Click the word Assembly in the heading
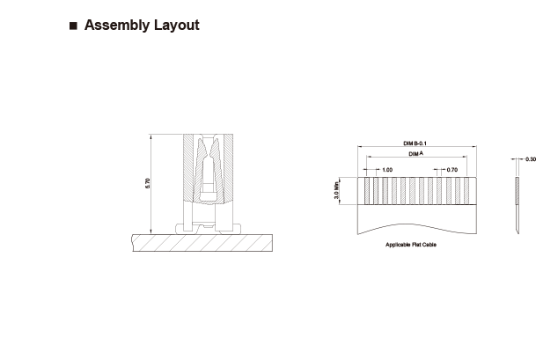pos(117,26)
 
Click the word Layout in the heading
pos(176,25)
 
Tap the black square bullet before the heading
pos(73,26)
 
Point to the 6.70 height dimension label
pos(147,183)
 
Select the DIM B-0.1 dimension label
pos(415,143)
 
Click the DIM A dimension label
pos(416,154)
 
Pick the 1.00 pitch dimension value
pos(387,170)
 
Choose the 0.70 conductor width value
pos(452,170)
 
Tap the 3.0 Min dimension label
pos(336,190)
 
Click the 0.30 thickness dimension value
pos(531,159)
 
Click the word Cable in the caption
pos(430,245)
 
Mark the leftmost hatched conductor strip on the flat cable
pos(367,191)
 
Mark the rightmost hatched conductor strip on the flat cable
pos(466,191)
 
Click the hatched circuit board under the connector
pos(202,243)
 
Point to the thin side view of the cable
pos(518,205)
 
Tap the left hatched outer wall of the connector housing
pos(188,167)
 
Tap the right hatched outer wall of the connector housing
pos(228,167)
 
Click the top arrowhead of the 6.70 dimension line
pos(151,136)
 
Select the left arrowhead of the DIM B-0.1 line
pos(360,147)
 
